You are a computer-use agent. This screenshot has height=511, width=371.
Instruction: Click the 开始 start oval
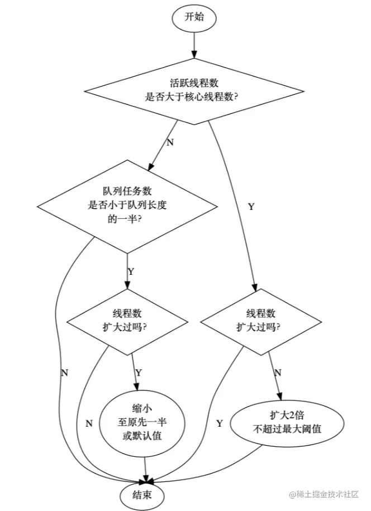pos(194,16)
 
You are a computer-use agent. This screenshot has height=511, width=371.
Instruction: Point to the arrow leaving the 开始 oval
pos(194,44)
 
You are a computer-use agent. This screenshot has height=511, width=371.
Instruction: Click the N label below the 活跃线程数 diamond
pos(170,142)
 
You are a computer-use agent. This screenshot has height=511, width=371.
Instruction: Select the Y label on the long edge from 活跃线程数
pos(251,207)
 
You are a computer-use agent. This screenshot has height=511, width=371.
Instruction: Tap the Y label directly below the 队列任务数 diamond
pos(131,272)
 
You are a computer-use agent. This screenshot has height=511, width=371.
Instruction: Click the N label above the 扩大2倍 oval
pos(278,372)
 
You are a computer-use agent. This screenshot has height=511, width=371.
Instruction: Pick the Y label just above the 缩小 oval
pos(139,372)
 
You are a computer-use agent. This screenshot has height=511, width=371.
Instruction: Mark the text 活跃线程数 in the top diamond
pos(193,83)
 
